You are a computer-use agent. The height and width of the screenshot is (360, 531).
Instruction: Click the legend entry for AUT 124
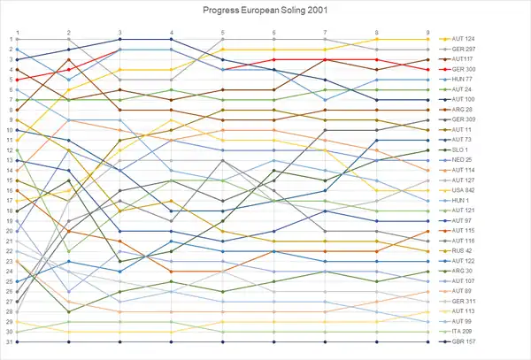point(464,39)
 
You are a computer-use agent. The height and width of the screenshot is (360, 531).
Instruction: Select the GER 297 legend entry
point(464,50)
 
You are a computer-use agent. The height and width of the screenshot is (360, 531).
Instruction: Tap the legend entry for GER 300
point(464,69)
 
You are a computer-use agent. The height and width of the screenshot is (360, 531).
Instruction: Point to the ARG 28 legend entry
point(463,110)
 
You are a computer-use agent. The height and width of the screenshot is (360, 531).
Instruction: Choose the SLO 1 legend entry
point(461,149)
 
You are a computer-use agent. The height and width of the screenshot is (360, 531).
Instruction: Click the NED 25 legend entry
point(463,160)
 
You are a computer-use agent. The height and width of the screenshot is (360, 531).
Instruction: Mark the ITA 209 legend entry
point(463,332)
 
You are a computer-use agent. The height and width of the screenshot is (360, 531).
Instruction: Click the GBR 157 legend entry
point(464,341)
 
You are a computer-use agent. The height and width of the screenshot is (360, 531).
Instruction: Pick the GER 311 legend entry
point(464,302)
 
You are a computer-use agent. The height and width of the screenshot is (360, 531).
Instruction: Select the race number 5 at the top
point(223,32)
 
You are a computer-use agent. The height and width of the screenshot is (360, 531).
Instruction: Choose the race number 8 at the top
point(377,32)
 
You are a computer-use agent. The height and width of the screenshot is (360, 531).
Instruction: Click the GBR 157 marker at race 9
point(428,341)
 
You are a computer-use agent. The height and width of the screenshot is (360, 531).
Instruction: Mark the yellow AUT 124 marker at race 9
point(428,39)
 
